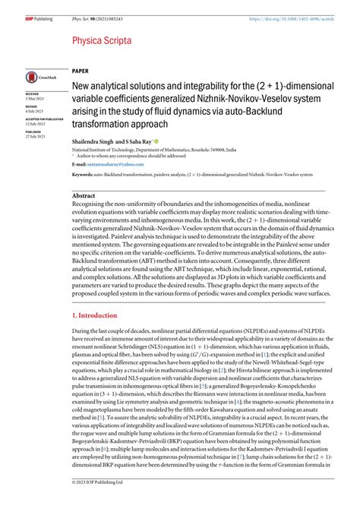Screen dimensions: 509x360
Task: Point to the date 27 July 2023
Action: point(38,136)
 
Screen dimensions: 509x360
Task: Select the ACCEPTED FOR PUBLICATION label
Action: point(45,119)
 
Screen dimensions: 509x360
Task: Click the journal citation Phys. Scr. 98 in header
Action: point(99,8)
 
